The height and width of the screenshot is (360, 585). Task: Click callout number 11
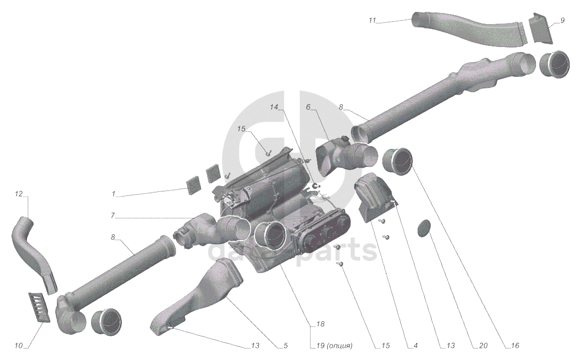click(372, 21)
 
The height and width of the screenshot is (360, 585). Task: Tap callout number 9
click(562, 20)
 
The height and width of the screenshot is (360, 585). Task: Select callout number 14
click(274, 107)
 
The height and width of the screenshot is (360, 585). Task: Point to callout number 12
click(19, 194)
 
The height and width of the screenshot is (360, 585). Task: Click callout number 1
click(114, 194)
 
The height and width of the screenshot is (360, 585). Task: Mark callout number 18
click(320, 324)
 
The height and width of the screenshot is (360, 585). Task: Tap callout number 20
click(483, 346)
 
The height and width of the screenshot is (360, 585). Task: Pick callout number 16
click(515, 346)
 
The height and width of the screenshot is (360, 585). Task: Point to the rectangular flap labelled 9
click(539, 27)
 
